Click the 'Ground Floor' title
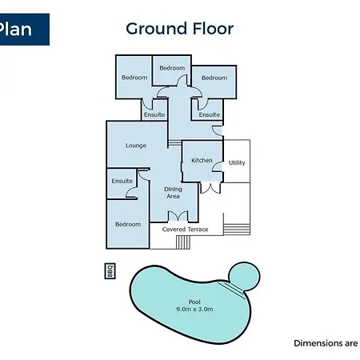179,29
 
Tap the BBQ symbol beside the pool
110,271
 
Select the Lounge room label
136,146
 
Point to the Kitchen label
202,160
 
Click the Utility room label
237,162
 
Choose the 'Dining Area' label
173,193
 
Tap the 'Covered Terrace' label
185,230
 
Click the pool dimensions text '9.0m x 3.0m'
194,310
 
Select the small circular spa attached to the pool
245,276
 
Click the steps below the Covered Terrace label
183,242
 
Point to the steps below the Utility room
237,230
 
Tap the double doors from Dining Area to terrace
178,216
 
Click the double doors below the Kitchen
210,188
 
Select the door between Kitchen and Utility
218,166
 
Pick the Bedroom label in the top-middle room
172,68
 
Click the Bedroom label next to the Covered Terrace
128,224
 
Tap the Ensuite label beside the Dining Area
122,181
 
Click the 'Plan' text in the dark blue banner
15,29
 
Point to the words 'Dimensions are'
326,343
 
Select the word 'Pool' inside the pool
194,302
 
